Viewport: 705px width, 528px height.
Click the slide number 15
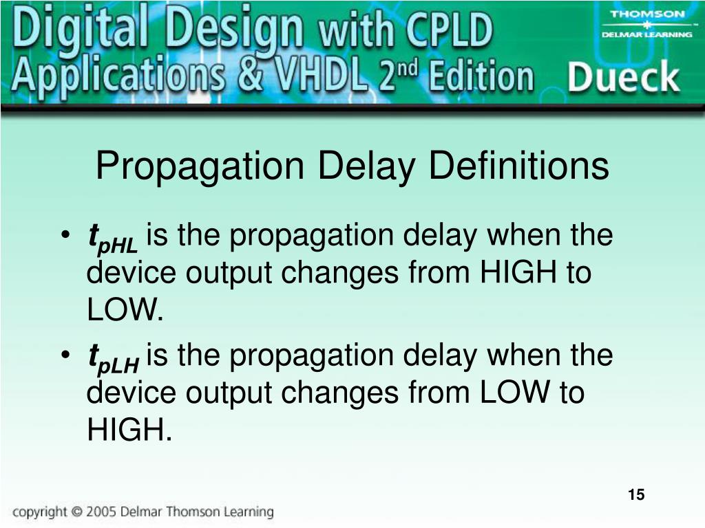coord(635,494)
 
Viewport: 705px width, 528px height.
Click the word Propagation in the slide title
coord(200,167)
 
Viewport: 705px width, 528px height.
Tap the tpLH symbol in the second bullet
coord(113,357)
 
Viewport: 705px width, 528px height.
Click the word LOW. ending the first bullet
coord(125,311)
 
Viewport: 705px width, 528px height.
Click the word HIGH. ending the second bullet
coord(128,431)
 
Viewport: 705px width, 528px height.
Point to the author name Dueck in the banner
coord(622,77)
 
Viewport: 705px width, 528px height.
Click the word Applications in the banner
coord(117,76)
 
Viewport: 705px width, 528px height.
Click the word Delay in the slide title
coord(366,167)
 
